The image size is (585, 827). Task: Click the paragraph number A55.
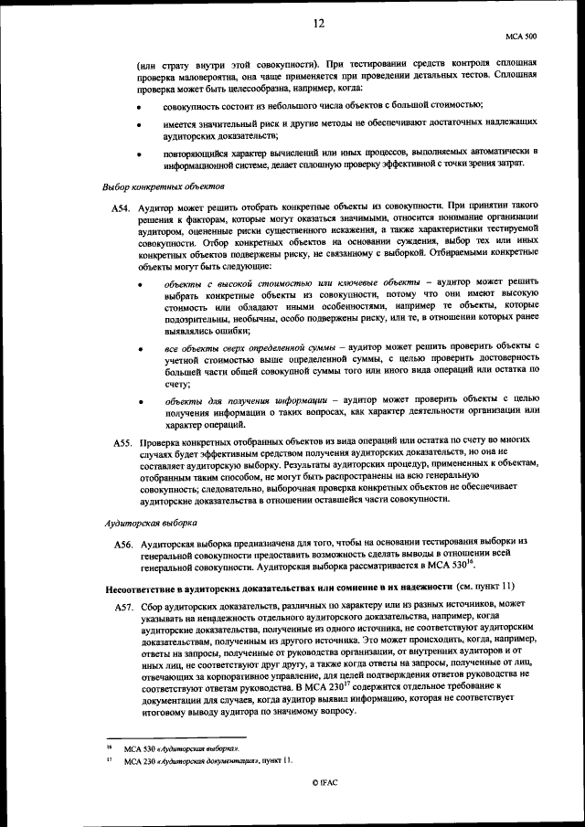[x=125, y=443]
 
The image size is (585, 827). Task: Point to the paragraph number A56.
[x=125, y=545]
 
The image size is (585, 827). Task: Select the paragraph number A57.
[x=125, y=608]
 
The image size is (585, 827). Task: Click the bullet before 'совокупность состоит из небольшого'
[x=139, y=108]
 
